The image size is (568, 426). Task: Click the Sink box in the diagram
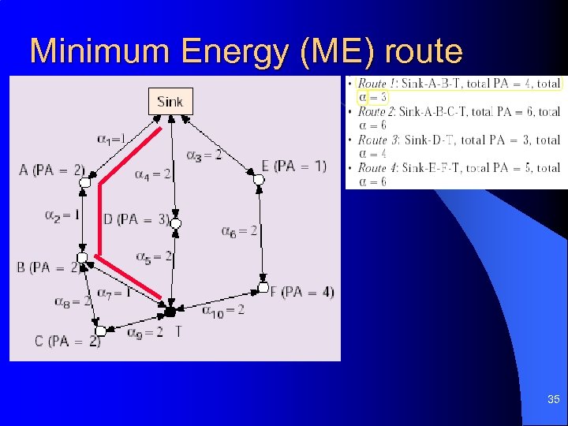click(x=170, y=102)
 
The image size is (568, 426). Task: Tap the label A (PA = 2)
click(x=52, y=170)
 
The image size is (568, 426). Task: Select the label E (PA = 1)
click(x=293, y=166)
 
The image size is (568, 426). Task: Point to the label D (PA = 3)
click(x=135, y=219)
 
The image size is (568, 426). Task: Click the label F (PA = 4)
click(x=302, y=292)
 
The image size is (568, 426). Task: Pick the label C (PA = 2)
click(x=68, y=341)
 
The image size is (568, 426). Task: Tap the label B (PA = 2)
click(x=46, y=267)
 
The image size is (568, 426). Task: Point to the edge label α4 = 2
click(x=153, y=174)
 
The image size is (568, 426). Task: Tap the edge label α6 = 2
click(x=239, y=231)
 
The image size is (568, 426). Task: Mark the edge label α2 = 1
click(x=62, y=215)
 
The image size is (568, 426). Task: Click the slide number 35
click(x=554, y=400)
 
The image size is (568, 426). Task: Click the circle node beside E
click(x=258, y=181)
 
